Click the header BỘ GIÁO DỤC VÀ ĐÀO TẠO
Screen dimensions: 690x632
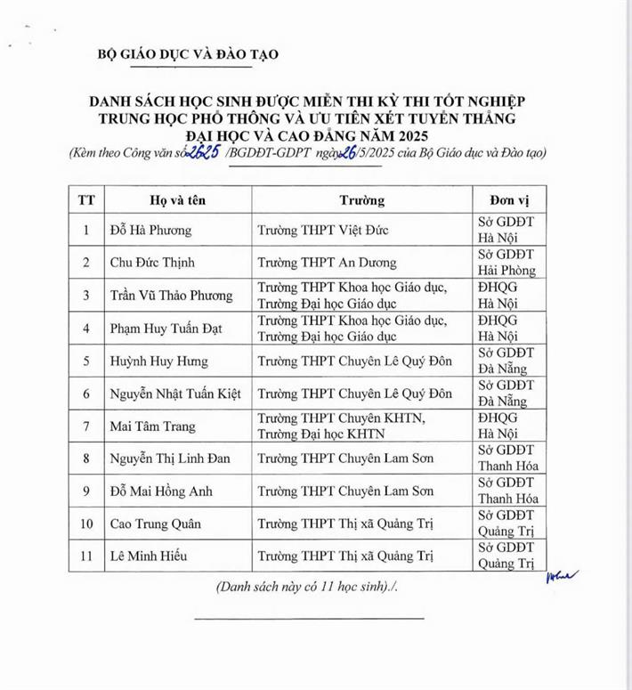tap(188, 54)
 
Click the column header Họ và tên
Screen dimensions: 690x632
tap(164, 199)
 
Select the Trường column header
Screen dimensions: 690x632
tap(361, 199)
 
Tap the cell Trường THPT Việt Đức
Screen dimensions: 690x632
tap(322, 231)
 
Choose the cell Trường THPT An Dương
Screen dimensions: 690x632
tap(327, 263)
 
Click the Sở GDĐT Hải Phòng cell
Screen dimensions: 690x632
tap(506, 263)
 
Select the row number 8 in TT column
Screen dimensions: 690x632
tap(86, 459)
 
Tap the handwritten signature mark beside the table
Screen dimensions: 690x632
tap(562, 577)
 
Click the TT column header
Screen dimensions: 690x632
tap(86, 199)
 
